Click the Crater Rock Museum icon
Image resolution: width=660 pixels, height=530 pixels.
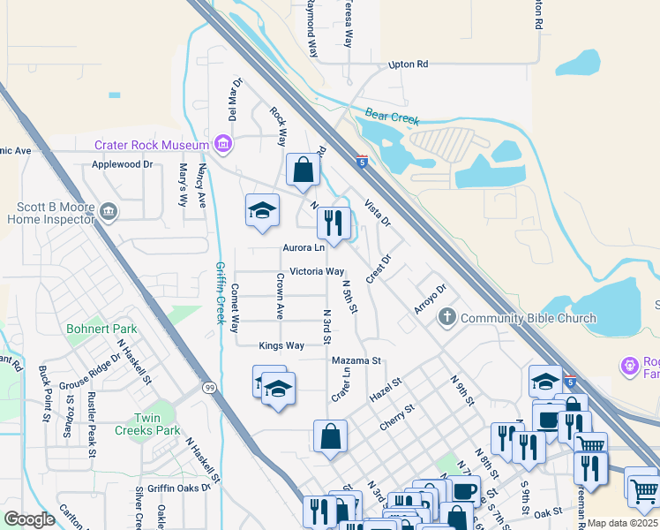point(222,144)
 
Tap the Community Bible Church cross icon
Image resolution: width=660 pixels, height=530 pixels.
point(447,317)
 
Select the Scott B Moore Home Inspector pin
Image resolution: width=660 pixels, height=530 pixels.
point(109,210)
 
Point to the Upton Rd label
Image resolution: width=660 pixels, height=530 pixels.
point(408,64)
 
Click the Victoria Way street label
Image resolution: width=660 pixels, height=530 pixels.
point(317,271)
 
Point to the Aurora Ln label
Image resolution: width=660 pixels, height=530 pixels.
point(304,248)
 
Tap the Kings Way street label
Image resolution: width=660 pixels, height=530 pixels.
point(281,345)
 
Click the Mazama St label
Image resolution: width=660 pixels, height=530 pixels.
point(356,360)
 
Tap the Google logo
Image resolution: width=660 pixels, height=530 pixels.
point(29,519)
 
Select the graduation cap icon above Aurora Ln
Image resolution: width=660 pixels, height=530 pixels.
point(262,209)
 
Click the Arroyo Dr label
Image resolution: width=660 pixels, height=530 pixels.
point(431,299)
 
